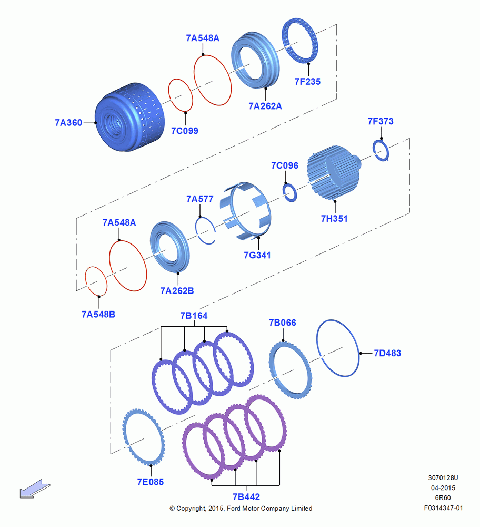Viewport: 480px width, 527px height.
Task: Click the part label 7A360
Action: (x=68, y=123)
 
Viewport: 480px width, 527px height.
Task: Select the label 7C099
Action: (x=185, y=131)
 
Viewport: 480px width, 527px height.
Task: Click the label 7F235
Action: (x=307, y=82)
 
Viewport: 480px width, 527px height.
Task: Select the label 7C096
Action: (x=285, y=165)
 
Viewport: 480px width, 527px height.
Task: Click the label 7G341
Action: (x=257, y=256)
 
